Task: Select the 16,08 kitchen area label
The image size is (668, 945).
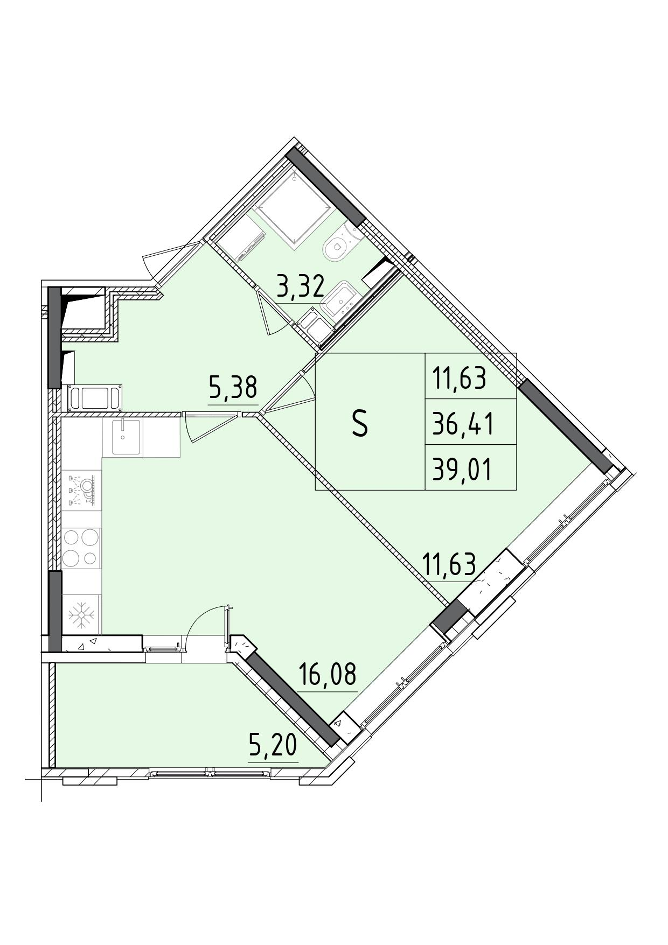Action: point(327,674)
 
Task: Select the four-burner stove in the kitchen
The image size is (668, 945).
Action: point(81,547)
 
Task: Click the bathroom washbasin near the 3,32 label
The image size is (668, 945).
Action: point(337,302)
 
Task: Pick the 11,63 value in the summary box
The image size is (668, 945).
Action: point(460,378)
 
